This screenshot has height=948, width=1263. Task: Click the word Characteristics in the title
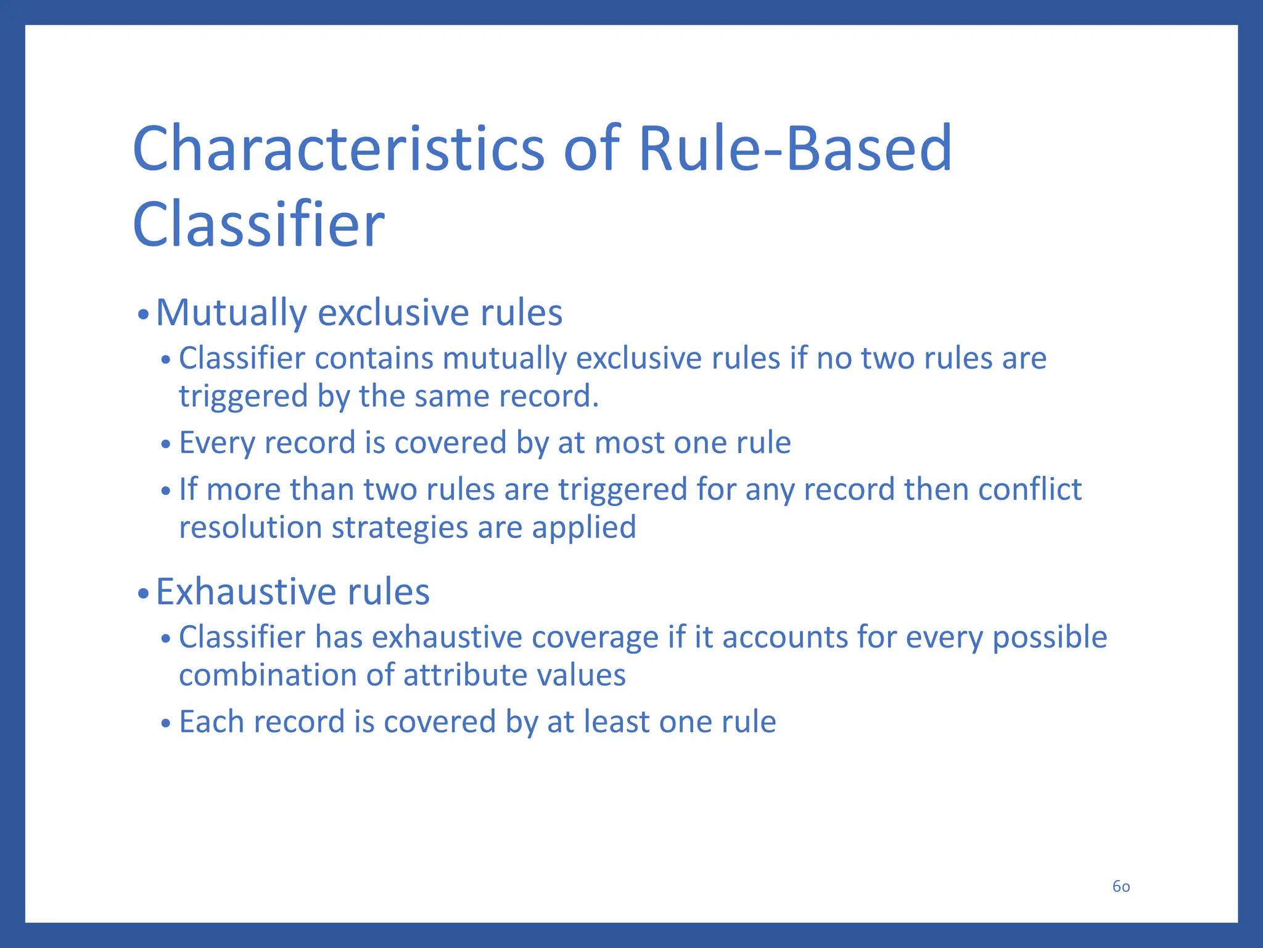coord(339,149)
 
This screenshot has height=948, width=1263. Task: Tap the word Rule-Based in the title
coord(795,149)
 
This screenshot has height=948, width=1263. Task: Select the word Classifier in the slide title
coord(258,225)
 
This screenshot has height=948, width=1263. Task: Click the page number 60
coord(1121,886)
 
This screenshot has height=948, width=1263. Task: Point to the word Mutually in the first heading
coord(231,313)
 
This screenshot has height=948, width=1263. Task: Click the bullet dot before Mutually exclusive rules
coord(143,315)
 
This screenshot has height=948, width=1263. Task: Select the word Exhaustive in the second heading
coord(245,592)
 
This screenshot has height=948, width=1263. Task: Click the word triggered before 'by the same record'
coord(243,397)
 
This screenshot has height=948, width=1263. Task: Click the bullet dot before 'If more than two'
coord(165,492)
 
